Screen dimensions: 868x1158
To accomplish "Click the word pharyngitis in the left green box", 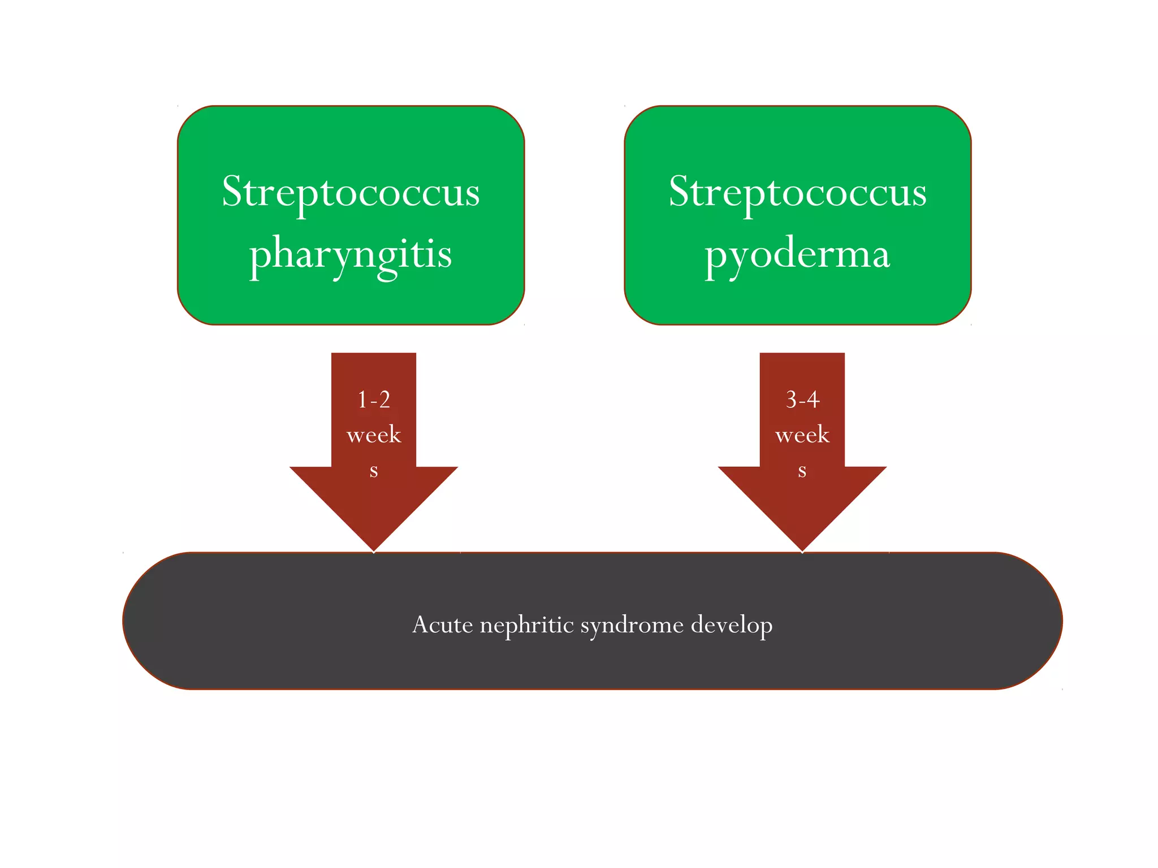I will point(351,254).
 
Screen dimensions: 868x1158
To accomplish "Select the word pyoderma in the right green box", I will point(797,254).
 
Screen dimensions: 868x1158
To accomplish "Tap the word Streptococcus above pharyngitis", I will point(351,192).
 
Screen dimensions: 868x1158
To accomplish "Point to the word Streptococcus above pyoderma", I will point(797,192).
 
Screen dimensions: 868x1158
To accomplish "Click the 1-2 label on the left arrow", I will point(374,400).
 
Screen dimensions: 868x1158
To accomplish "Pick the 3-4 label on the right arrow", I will point(802,400).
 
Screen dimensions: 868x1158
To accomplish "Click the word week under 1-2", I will point(374,435).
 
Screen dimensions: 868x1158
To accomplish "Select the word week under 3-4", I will point(802,435).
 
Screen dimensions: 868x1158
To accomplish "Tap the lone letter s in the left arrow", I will point(374,470).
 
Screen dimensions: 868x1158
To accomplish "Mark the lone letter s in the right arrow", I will point(802,470).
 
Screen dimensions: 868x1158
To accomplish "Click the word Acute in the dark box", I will point(442,625).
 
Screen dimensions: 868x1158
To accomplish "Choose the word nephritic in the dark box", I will point(527,625).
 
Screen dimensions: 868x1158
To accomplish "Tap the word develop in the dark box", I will point(732,625).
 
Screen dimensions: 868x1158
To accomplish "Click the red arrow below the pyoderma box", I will point(802,497).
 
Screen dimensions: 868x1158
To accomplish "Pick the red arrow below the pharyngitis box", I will point(374,497).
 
